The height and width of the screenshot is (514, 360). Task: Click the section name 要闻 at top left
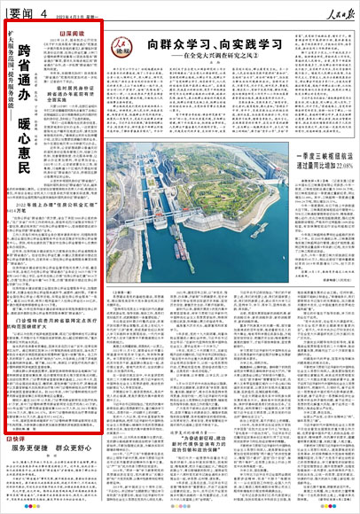click(x=17, y=10)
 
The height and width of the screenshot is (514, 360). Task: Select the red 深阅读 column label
click(x=73, y=32)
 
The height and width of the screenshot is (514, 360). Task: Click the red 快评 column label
click(x=15, y=440)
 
